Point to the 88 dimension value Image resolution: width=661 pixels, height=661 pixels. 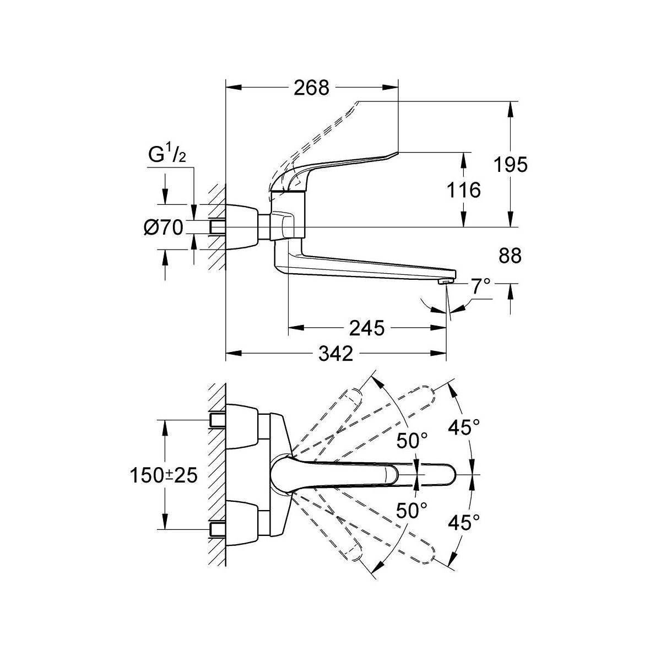509,256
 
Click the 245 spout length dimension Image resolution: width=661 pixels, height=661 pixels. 366,328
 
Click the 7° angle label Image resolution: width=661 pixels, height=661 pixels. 480,285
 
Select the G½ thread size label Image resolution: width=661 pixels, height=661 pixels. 165,156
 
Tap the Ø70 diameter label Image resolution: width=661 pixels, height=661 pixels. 164,226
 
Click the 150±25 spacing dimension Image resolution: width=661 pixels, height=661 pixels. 164,475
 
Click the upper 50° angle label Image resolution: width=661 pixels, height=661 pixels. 412,441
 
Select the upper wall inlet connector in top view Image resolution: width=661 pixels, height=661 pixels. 218,420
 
